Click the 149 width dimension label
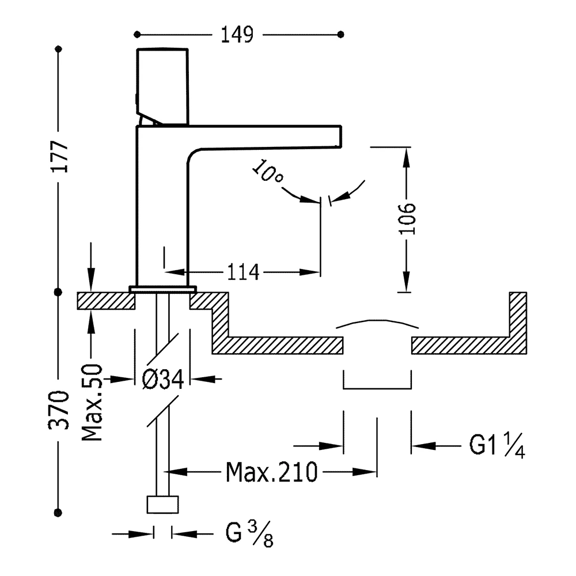[x=237, y=35]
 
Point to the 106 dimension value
[x=407, y=219]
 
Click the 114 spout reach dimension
[x=242, y=271]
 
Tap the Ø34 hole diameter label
[x=162, y=379]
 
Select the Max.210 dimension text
[x=271, y=472]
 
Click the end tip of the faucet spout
[x=339, y=137]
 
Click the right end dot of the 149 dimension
[x=342, y=35]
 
